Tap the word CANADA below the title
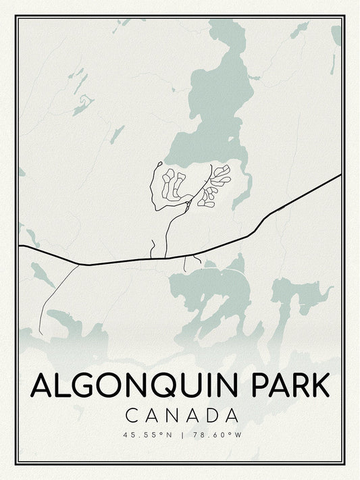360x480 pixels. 182,415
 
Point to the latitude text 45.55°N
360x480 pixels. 148,435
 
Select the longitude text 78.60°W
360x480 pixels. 216,435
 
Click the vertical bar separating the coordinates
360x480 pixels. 182,435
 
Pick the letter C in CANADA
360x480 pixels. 132,415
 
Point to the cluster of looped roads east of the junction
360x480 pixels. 216,184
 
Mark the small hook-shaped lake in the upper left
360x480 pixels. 83,104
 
